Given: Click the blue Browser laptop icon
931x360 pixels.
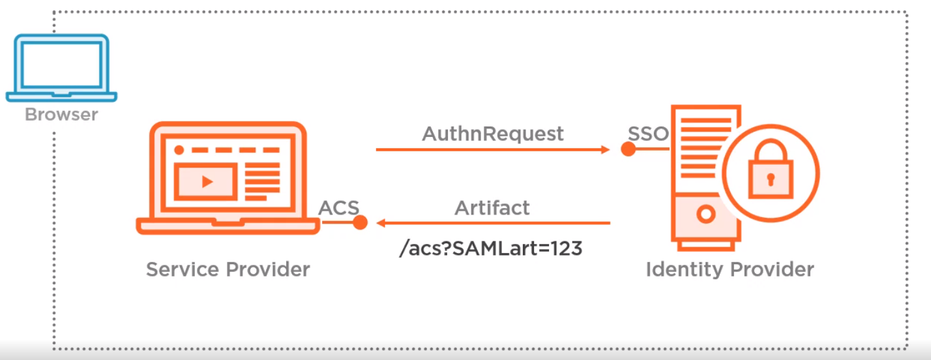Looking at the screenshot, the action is tap(61, 68).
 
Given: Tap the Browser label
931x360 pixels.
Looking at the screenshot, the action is tap(61, 114).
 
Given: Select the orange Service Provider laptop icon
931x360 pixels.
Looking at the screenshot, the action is tap(228, 178).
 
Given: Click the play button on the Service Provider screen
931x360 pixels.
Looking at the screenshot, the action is tap(207, 182).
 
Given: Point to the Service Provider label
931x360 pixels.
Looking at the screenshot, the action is tap(228, 269).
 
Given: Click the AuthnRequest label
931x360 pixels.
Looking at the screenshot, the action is tap(493, 134).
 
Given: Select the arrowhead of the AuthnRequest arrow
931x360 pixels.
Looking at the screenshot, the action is tap(605, 149).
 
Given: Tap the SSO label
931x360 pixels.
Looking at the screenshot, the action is tap(648, 134).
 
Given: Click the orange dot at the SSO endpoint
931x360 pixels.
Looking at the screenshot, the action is tap(628, 149).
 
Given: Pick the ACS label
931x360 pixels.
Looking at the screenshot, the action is tap(339, 208).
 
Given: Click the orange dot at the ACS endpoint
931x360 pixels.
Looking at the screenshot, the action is tap(360, 222).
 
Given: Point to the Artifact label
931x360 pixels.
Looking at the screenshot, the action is tap(492, 208).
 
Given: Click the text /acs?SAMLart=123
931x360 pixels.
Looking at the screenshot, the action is tap(491, 248).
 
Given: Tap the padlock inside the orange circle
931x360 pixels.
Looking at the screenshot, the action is tap(771, 169).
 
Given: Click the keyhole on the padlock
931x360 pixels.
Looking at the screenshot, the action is tap(771, 179).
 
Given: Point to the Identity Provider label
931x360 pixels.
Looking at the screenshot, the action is tap(730, 269).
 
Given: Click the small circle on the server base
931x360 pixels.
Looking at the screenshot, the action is tap(705, 214).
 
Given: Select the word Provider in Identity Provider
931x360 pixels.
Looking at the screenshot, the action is tap(772, 269).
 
